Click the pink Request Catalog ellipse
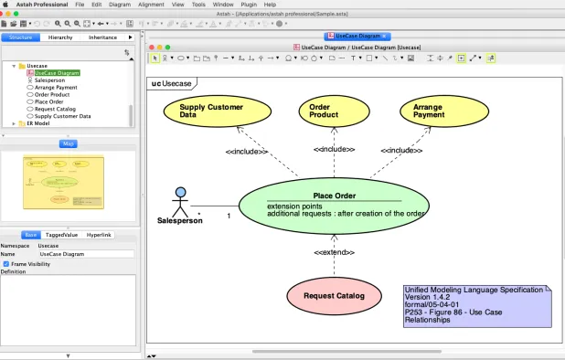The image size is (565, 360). (x=334, y=296)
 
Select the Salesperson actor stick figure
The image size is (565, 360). (x=181, y=200)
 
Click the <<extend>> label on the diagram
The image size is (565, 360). (x=334, y=251)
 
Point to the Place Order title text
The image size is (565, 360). (x=334, y=195)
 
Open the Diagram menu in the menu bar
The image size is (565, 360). (x=119, y=5)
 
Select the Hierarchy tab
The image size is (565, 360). (x=60, y=37)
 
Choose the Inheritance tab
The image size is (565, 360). (x=102, y=37)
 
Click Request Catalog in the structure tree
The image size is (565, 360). (x=57, y=109)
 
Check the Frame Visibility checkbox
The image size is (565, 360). (x=6, y=263)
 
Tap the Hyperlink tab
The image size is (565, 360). (x=99, y=235)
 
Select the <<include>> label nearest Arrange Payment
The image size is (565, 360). (x=400, y=150)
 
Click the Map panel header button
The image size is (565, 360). (x=68, y=143)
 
